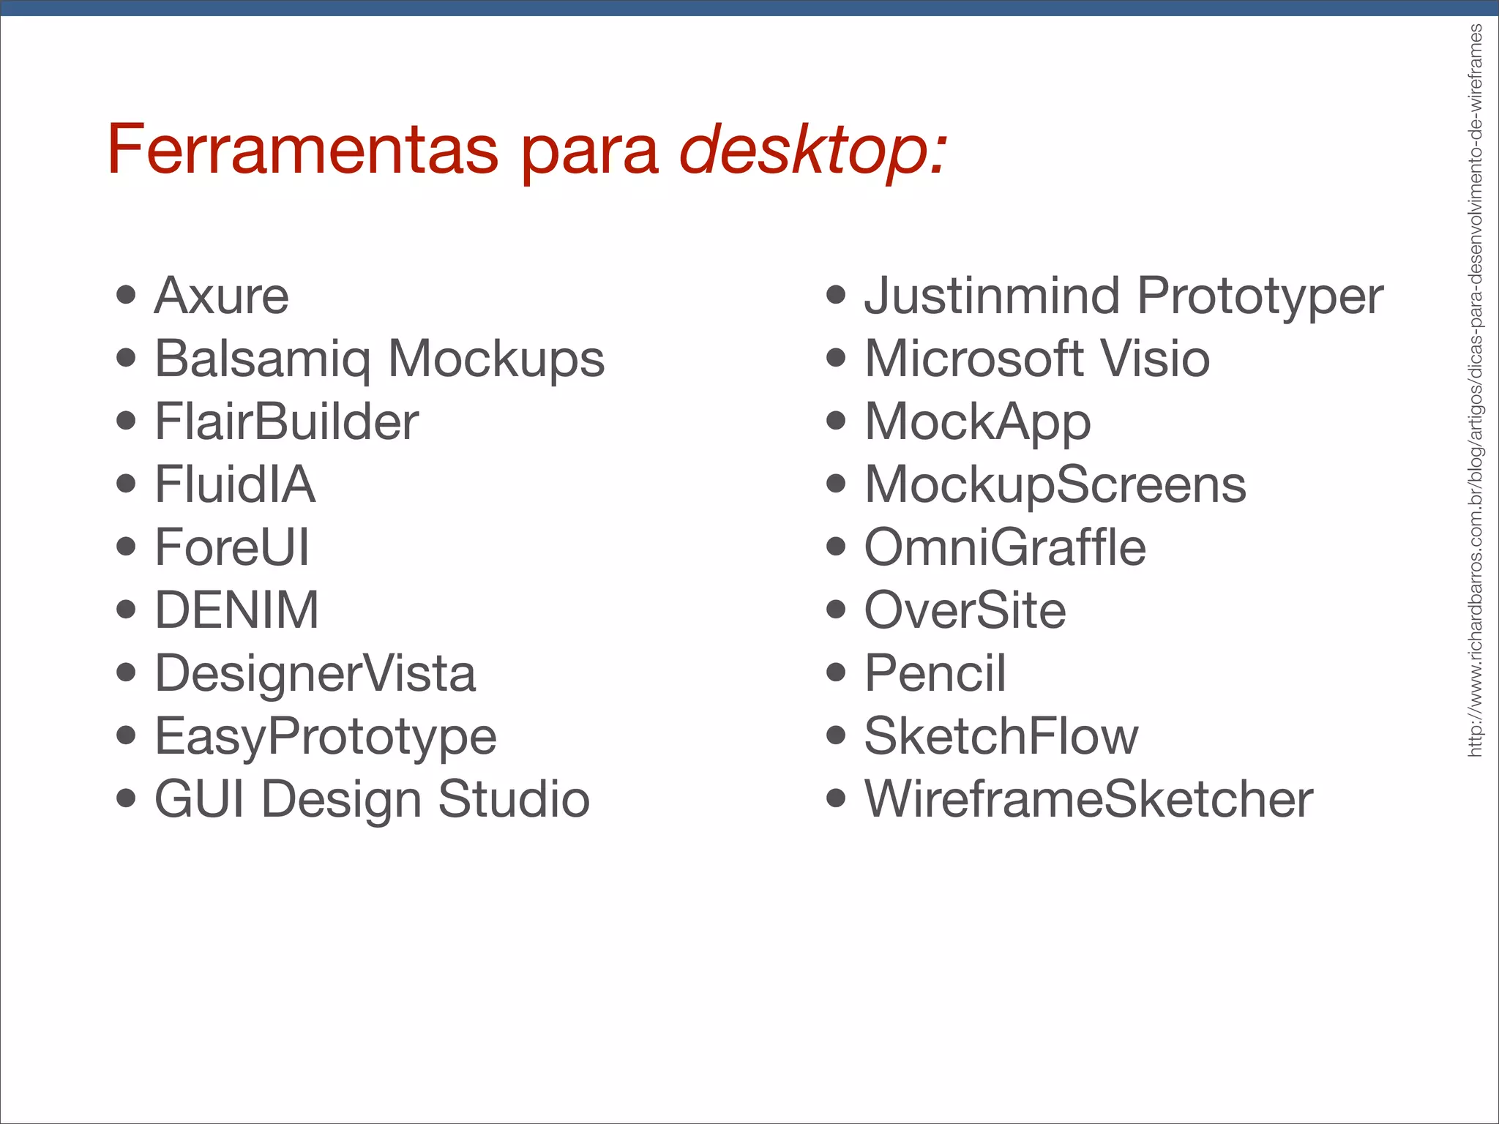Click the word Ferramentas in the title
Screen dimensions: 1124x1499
point(302,149)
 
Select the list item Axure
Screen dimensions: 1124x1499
point(222,296)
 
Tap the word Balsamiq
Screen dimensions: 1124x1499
point(263,360)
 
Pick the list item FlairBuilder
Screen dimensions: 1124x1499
point(286,421)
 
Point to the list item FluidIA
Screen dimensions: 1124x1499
point(235,484)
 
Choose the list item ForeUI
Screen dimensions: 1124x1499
point(232,547)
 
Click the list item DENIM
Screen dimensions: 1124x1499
point(236,610)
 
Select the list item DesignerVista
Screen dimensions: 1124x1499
point(315,673)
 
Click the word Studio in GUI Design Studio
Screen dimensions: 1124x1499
point(514,799)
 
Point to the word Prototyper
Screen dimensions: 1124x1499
point(1260,297)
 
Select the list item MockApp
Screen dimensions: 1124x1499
point(977,423)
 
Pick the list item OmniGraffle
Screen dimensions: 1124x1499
point(1005,547)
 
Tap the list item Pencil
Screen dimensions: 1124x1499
point(935,673)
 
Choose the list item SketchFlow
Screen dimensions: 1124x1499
point(1001,736)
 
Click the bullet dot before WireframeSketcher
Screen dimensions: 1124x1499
point(836,798)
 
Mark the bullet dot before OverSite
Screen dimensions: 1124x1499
point(836,609)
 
